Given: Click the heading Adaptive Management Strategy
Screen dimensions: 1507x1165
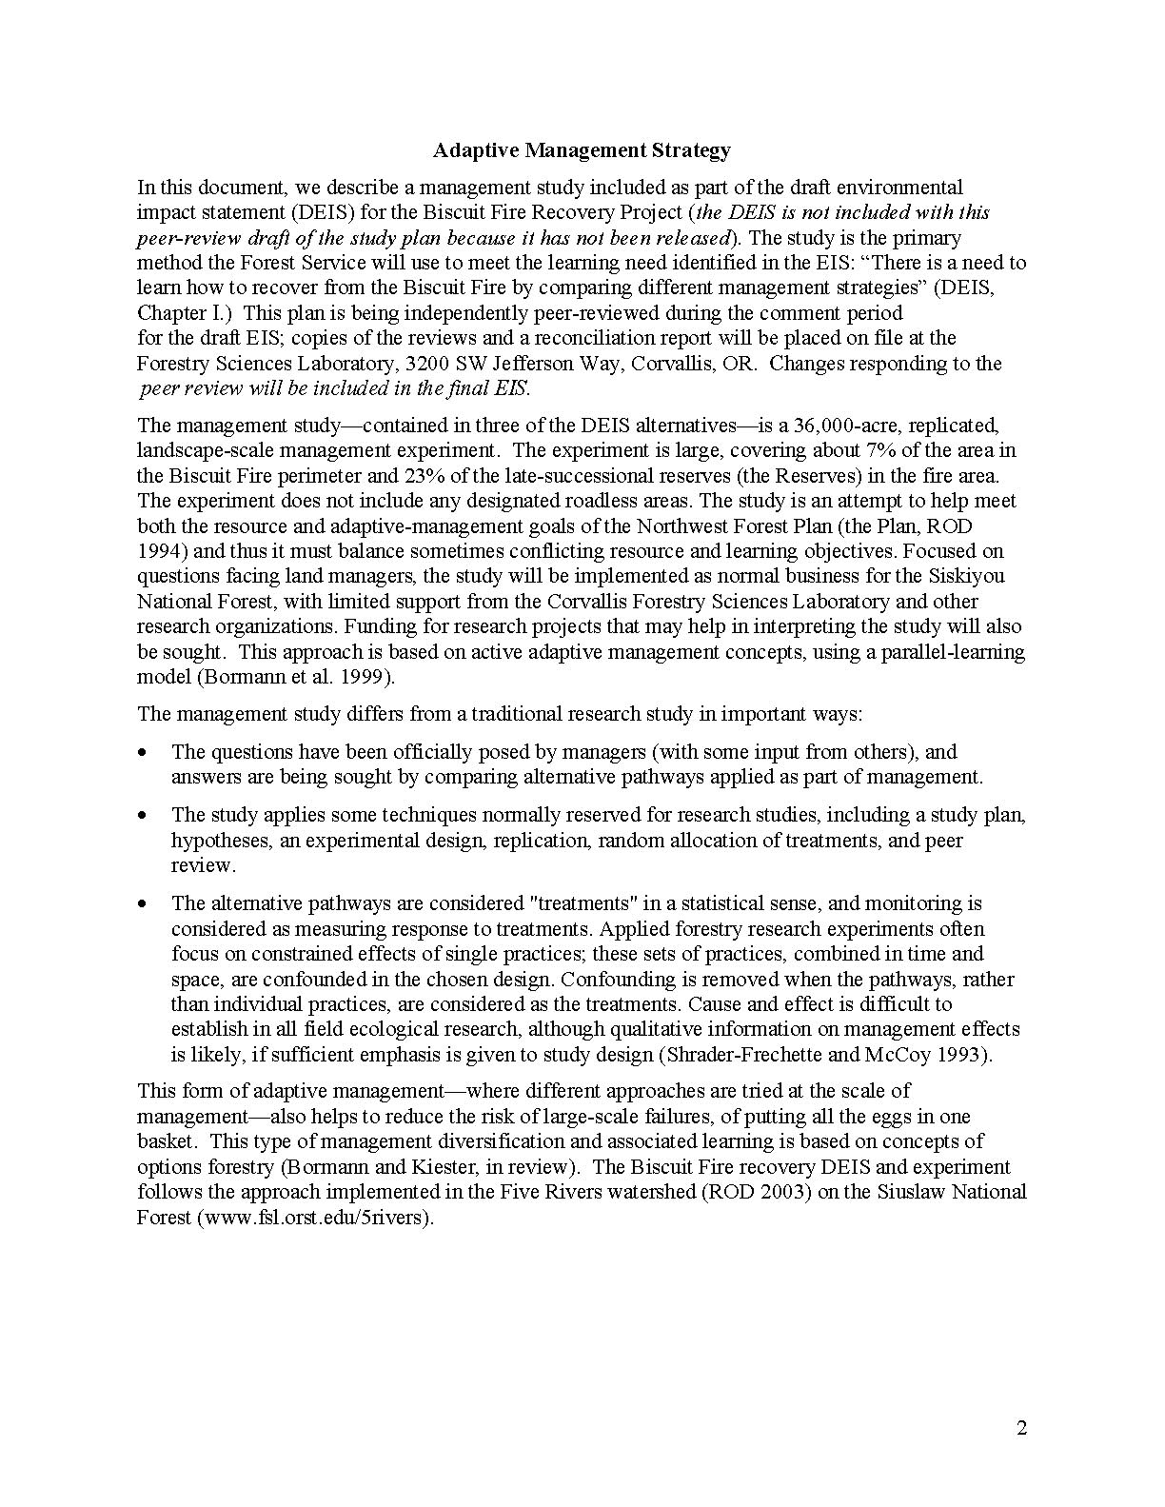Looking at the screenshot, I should click(x=582, y=149).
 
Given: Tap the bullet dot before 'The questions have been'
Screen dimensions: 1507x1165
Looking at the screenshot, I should click(x=143, y=752).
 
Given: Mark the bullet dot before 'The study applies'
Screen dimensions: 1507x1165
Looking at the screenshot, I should click(x=143, y=815).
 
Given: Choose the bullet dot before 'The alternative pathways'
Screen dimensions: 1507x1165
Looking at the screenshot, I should click(x=143, y=903).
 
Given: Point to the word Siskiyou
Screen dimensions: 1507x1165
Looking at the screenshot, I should click(x=967, y=576).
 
